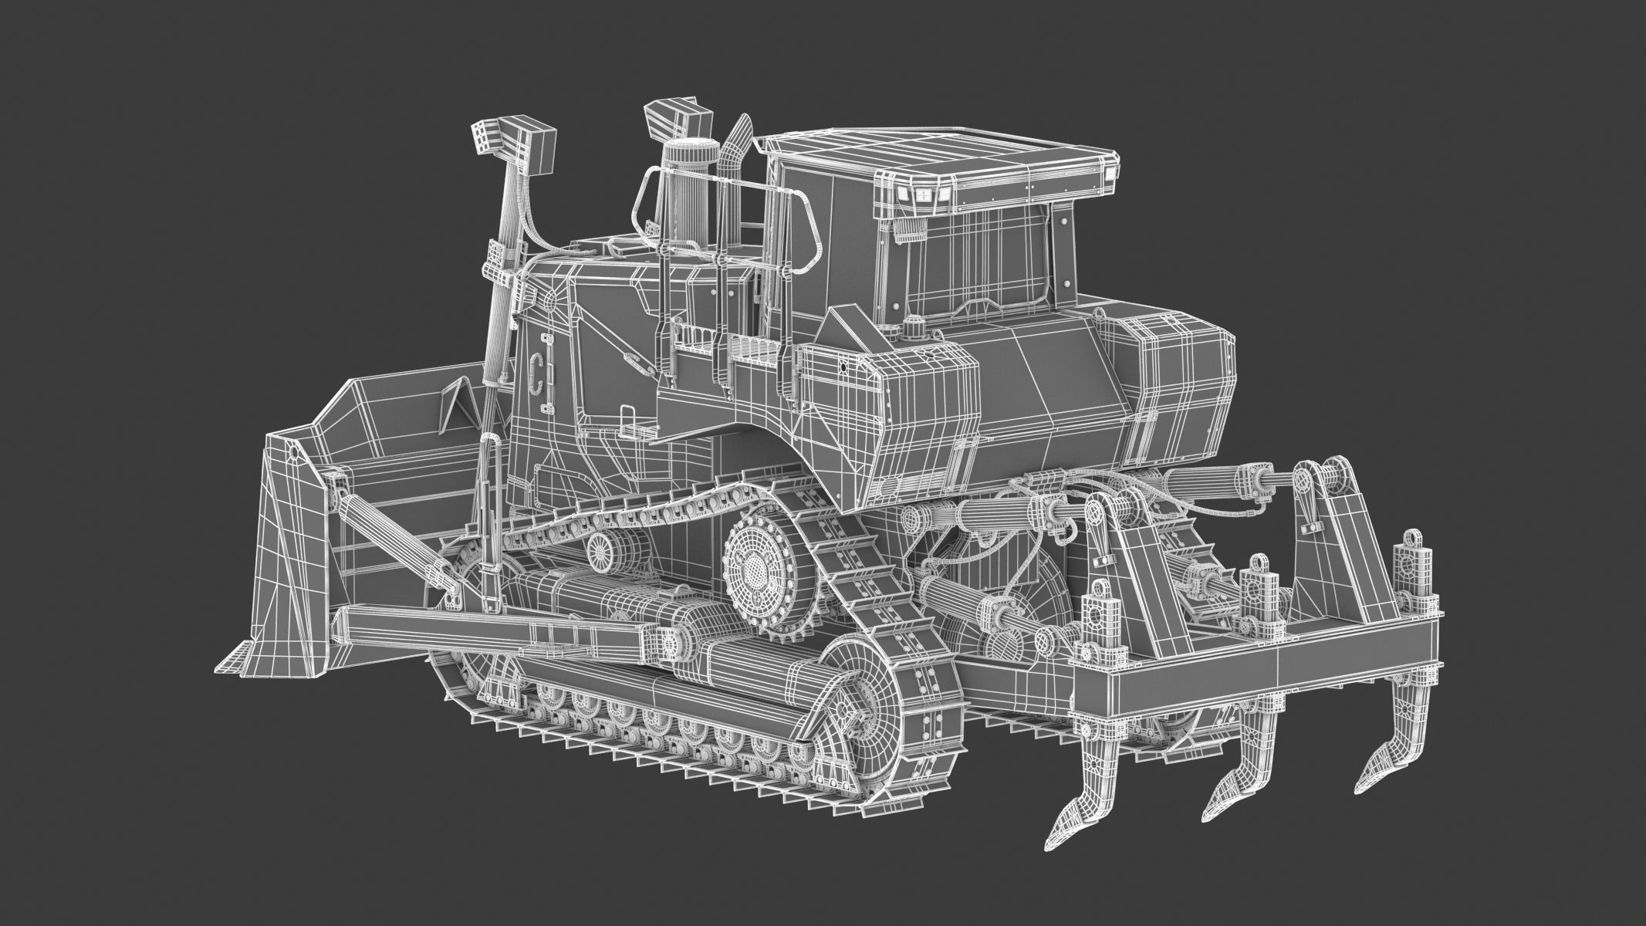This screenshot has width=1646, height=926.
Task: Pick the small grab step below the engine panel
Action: (627, 424)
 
